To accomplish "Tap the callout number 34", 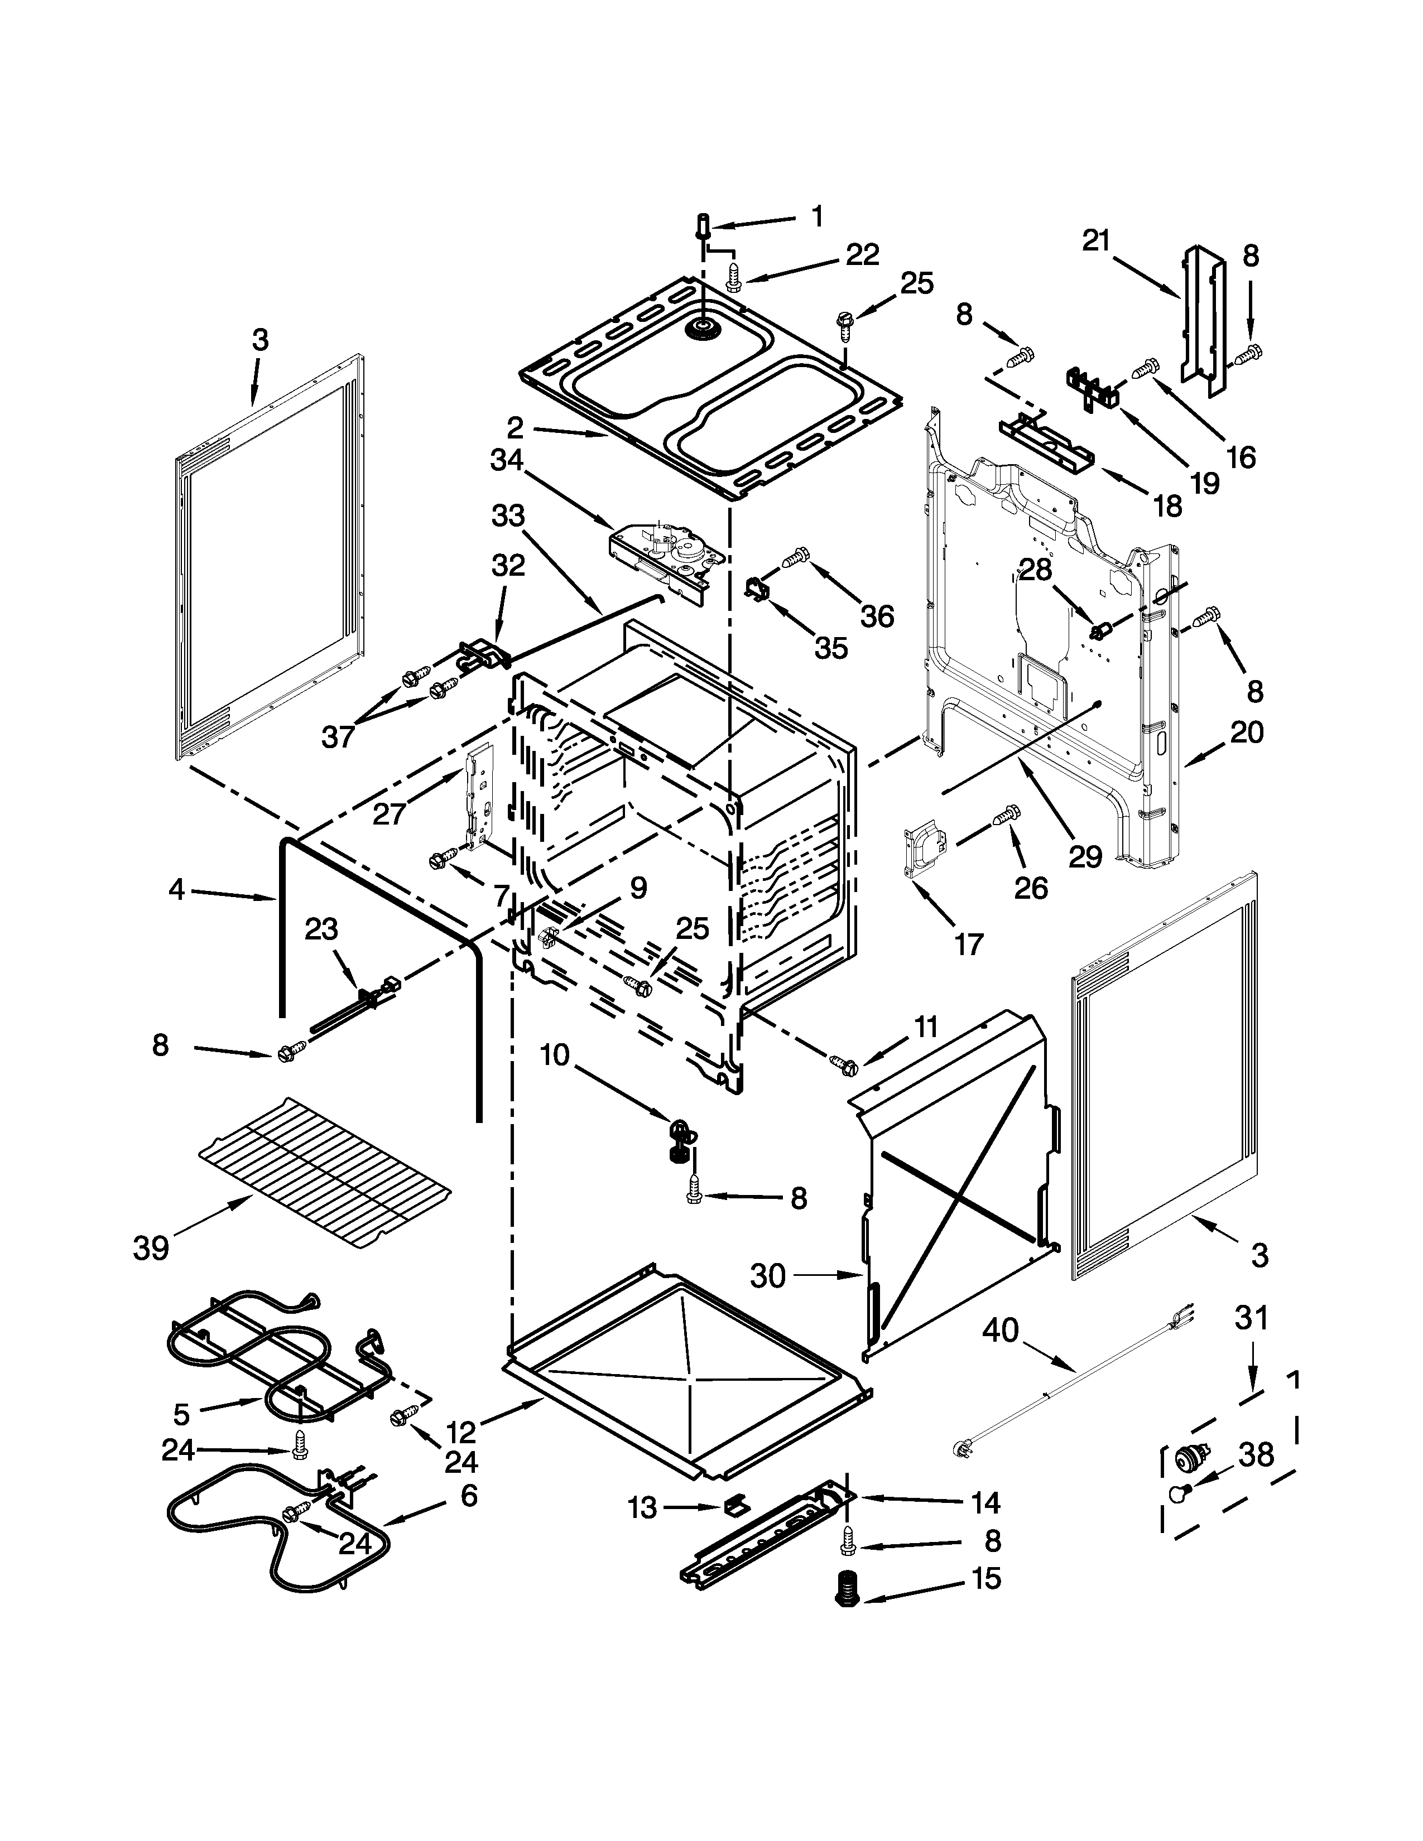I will pyautogui.click(x=507, y=460).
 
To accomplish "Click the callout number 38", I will pyautogui.click(x=1256, y=1455).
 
